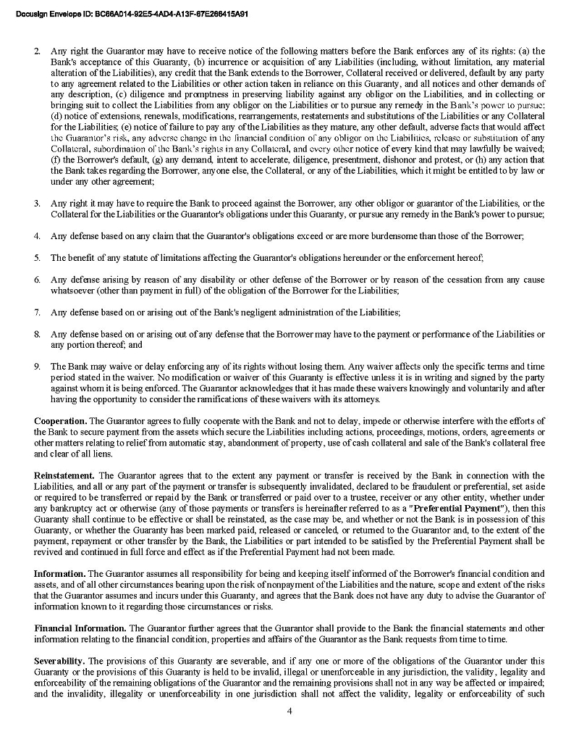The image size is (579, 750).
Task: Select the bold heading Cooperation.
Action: coord(61,421)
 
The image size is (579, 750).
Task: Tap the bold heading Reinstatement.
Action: coord(66,475)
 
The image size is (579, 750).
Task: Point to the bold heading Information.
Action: coord(60,574)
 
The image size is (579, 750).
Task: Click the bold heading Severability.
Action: coord(60,661)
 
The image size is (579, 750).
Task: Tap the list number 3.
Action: coord(38,204)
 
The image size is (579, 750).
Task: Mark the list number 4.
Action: coord(38,236)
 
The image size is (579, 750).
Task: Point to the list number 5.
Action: coord(38,257)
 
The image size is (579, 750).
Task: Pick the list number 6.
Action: coord(38,279)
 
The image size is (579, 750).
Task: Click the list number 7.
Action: coord(38,312)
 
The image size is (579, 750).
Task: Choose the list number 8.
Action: coord(38,333)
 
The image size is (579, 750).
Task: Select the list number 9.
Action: coord(38,366)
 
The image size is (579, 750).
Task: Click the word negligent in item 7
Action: coord(245,312)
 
